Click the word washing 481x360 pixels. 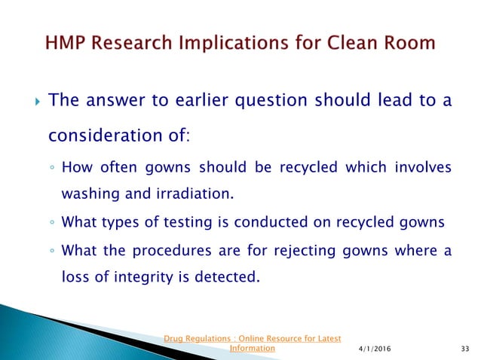coord(87,195)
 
